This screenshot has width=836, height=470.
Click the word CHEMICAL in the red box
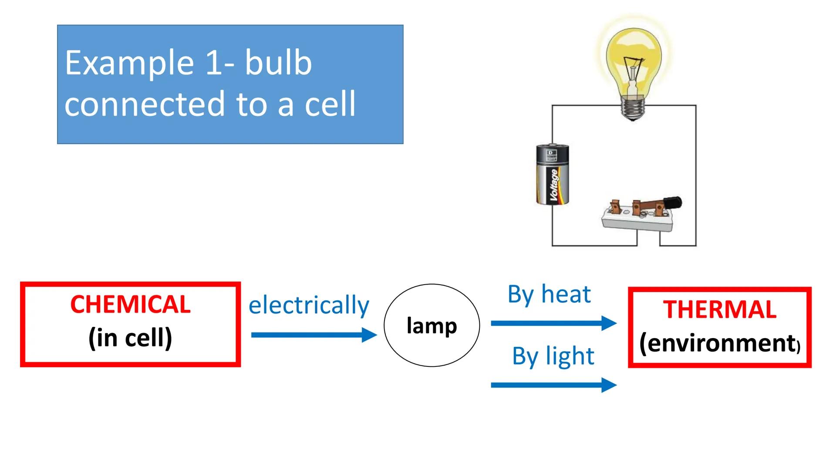tap(130, 305)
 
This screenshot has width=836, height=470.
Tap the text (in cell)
tap(130, 338)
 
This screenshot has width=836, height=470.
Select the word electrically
tap(309, 305)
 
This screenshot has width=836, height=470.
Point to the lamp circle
tap(431, 326)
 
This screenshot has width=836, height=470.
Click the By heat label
tap(549, 294)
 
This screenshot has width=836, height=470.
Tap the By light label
tap(553, 356)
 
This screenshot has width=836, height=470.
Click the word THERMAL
tap(720, 310)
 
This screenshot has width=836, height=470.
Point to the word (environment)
tap(720, 343)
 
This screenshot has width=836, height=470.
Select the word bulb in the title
tap(278, 63)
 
